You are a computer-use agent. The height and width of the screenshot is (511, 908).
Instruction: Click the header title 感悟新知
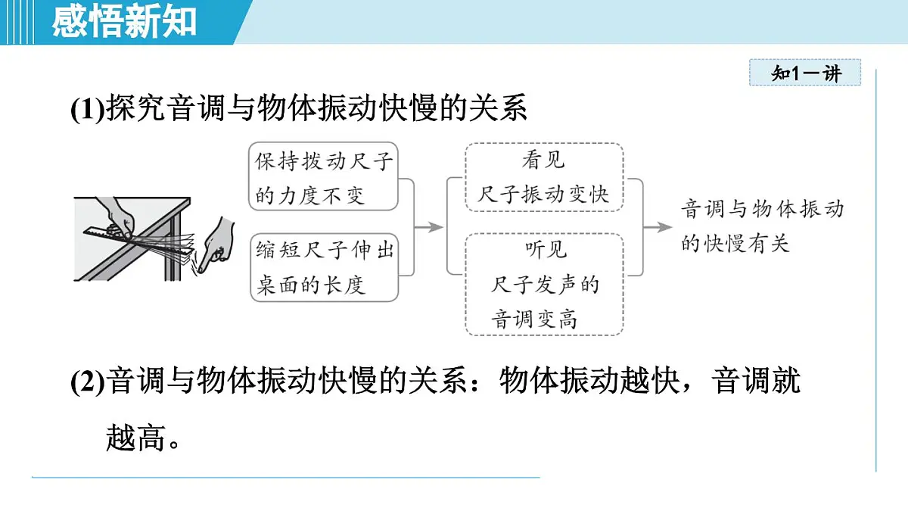[124, 21]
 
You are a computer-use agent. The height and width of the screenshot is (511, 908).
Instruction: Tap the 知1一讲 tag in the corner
[805, 73]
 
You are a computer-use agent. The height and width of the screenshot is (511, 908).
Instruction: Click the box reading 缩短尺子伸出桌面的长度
[324, 267]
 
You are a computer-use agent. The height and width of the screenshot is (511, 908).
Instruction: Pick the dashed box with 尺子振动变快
[543, 178]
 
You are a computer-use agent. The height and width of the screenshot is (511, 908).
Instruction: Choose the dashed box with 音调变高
[543, 284]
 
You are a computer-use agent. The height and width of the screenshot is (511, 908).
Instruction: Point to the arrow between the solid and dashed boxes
[429, 226]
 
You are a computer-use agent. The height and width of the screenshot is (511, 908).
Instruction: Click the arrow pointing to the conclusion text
[657, 226]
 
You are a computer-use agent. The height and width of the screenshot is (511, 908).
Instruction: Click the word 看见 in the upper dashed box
[543, 160]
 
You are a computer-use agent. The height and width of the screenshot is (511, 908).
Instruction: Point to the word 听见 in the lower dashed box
[545, 249]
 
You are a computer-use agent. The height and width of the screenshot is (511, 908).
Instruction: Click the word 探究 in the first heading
[135, 109]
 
